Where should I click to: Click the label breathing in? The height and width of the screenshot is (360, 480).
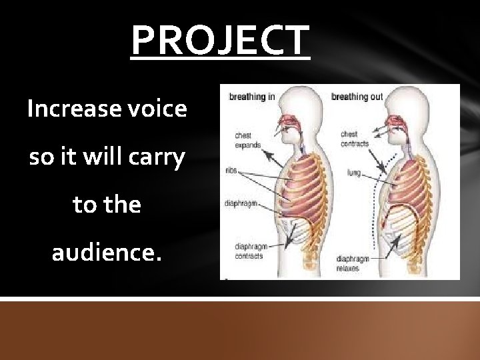coord(252,97)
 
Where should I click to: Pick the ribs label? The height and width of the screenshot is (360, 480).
coord(232,169)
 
